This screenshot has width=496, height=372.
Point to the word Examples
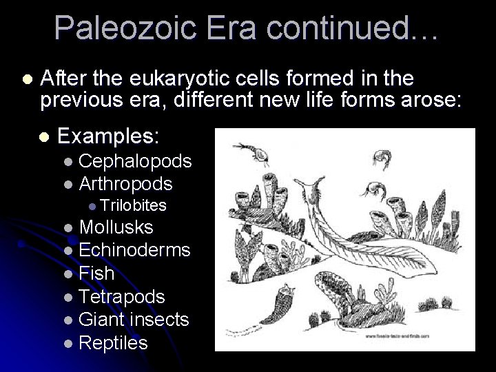[x=109, y=136]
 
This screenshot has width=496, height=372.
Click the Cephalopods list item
[x=135, y=162]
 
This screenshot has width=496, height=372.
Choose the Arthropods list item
[x=126, y=184]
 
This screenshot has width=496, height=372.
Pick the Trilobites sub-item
[x=134, y=205]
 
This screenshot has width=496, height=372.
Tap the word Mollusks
[x=116, y=227]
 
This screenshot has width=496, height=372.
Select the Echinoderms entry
[x=134, y=250]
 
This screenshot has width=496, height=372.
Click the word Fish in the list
[x=96, y=273]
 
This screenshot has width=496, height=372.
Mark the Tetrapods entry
[x=122, y=297]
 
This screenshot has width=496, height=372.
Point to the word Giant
[x=103, y=320]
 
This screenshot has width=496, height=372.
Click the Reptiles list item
[x=113, y=343]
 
